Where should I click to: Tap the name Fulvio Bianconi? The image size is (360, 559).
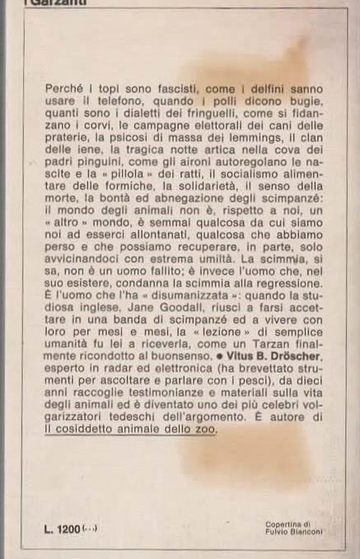point(292,531)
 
